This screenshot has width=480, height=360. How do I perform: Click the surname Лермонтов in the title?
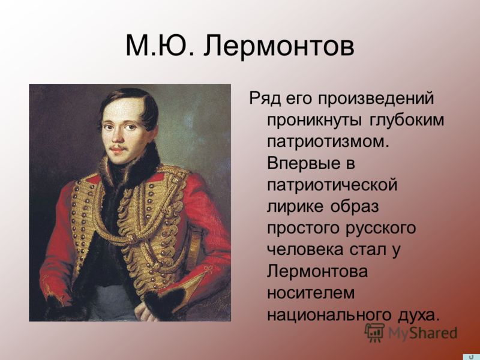[x=279, y=46]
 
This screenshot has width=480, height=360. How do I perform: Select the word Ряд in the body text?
[x=265, y=99]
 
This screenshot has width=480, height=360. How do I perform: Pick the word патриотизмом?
[x=328, y=142]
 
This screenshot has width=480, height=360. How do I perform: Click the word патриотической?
[x=332, y=185]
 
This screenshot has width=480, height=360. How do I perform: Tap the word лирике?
[x=295, y=207]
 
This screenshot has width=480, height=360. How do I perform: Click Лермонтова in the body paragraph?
[x=317, y=271]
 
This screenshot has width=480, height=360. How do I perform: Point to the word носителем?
[x=310, y=293]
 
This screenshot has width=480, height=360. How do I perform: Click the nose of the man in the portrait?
[x=118, y=134]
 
